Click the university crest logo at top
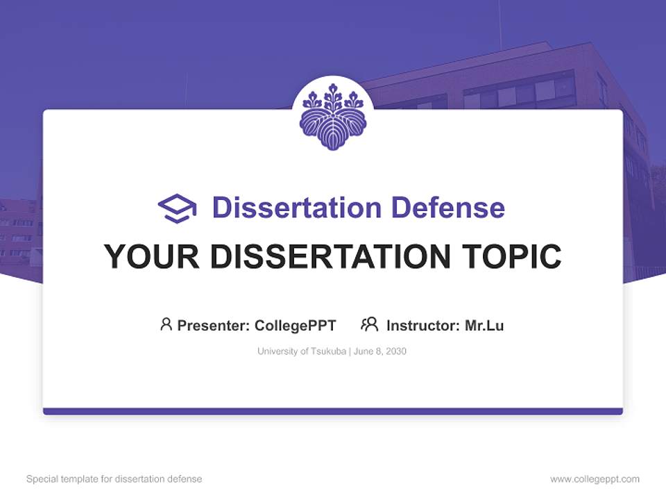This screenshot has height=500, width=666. [333, 117]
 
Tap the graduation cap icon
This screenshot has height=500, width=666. [177, 208]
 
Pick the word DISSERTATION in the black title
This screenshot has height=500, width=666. [330, 256]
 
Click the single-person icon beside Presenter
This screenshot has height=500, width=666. [166, 324]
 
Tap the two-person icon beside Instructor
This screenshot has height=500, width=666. [369, 324]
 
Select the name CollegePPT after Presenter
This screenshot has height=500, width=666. [296, 325]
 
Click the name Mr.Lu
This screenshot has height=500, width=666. [484, 325]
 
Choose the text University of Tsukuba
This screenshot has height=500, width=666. [301, 351]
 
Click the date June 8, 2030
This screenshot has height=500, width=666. [379, 351]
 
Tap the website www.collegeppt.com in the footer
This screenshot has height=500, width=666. [595, 479]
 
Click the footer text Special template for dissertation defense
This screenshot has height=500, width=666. [114, 479]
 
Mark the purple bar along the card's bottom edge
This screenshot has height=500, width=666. [333, 411]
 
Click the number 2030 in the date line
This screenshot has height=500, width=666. [396, 351]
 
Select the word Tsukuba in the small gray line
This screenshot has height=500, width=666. [328, 351]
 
